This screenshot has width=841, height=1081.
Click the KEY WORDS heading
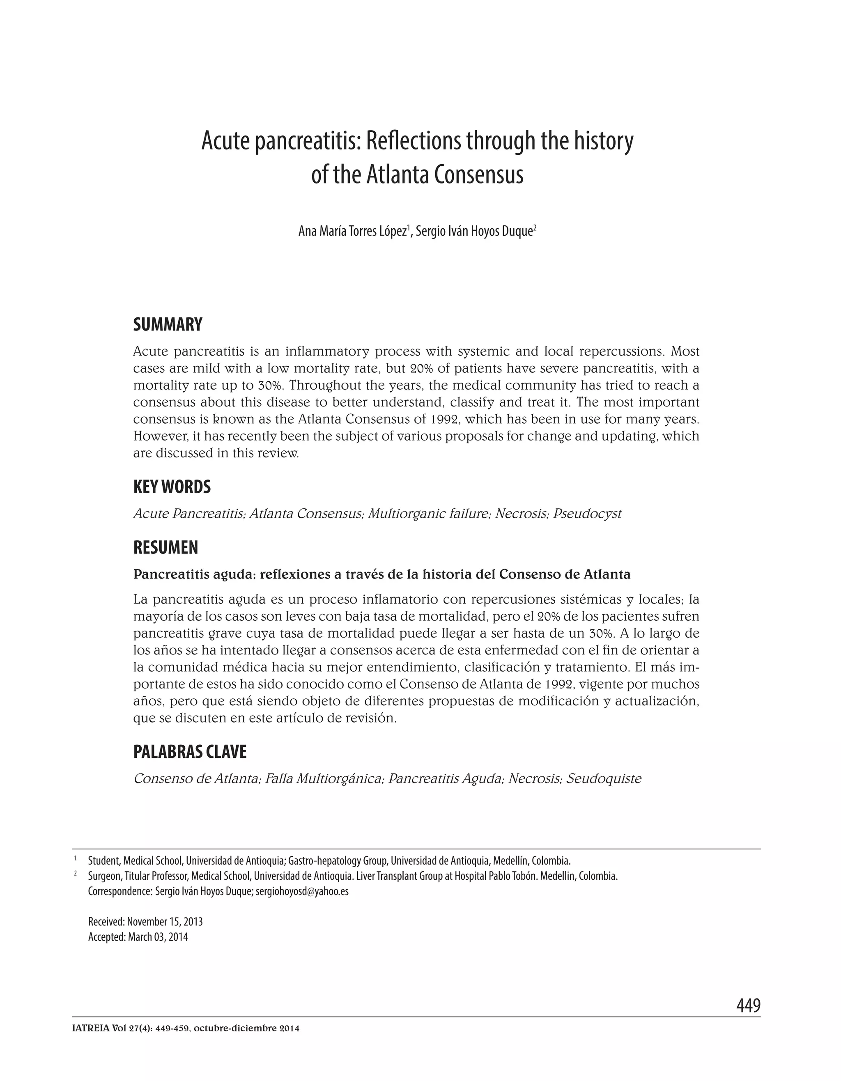[x=172, y=487]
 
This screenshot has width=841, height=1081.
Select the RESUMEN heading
[x=165, y=547]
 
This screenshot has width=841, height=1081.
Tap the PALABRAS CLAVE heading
[x=190, y=752]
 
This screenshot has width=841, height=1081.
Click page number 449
[x=748, y=1005]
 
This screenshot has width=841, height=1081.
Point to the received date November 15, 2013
[x=165, y=922]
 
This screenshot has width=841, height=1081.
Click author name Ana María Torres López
[x=352, y=231]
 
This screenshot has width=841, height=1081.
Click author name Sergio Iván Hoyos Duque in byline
[x=474, y=231]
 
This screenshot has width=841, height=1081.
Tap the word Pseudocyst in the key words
[x=587, y=514]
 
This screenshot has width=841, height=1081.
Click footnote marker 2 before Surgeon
[x=76, y=874]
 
